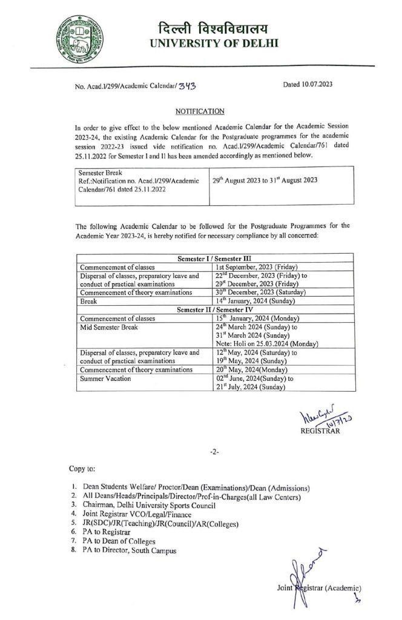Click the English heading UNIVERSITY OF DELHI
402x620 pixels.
212,44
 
